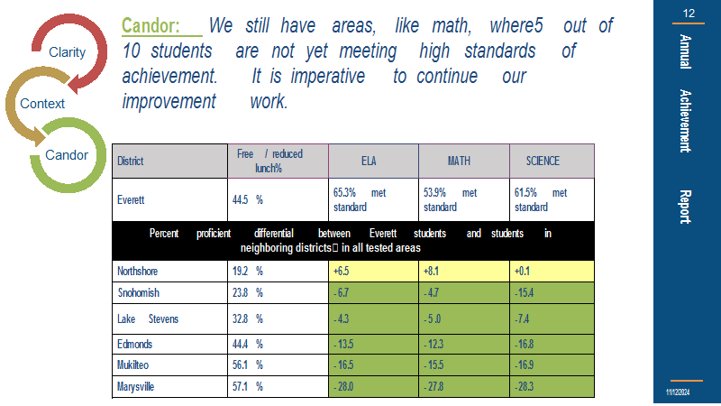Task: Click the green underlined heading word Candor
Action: click(151, 26)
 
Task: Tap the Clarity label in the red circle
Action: click(67, 52)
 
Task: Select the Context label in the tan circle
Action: click(42, 104)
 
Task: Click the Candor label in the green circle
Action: click(67, 154)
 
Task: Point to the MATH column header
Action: click(459, 161)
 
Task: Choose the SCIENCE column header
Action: click(543, 161)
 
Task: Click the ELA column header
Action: click(369, 161)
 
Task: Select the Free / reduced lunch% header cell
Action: click(269, 161)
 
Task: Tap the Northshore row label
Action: click(138, 272)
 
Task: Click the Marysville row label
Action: click(136, 386)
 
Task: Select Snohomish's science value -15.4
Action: click(525, 292)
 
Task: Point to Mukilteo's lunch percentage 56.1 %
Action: click(247, 365)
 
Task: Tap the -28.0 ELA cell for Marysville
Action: click(343, 386)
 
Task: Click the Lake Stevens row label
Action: click(148, 319)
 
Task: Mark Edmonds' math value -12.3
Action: click(434, 344)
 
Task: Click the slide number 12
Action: click(689, 14)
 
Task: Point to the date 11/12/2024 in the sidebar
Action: click(678, 392)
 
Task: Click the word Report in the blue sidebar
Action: click(686, 207)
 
